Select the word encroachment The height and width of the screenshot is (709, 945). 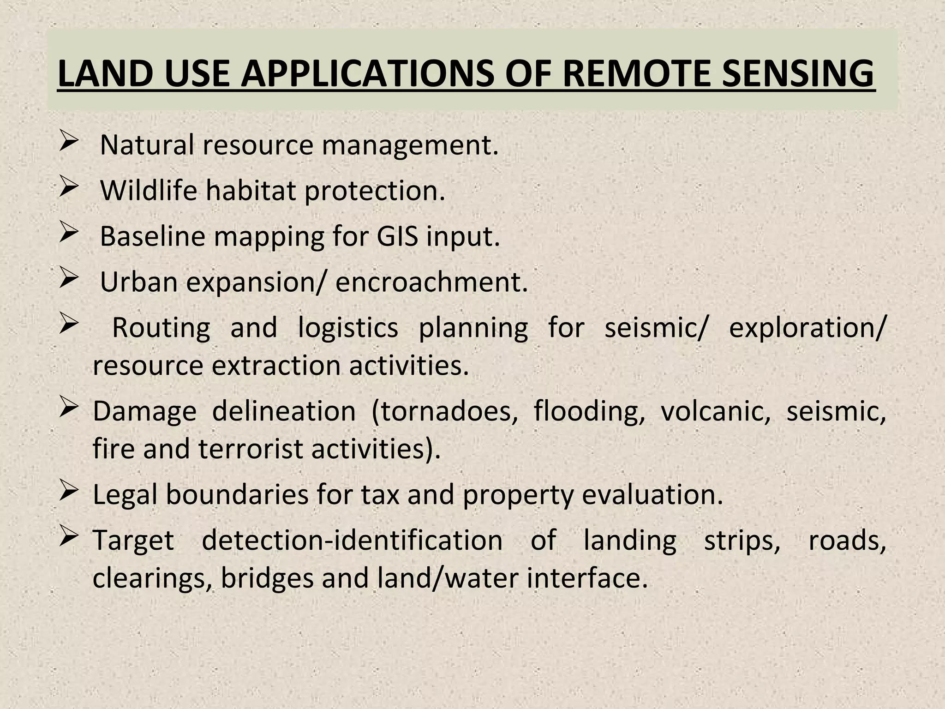(431, 282)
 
